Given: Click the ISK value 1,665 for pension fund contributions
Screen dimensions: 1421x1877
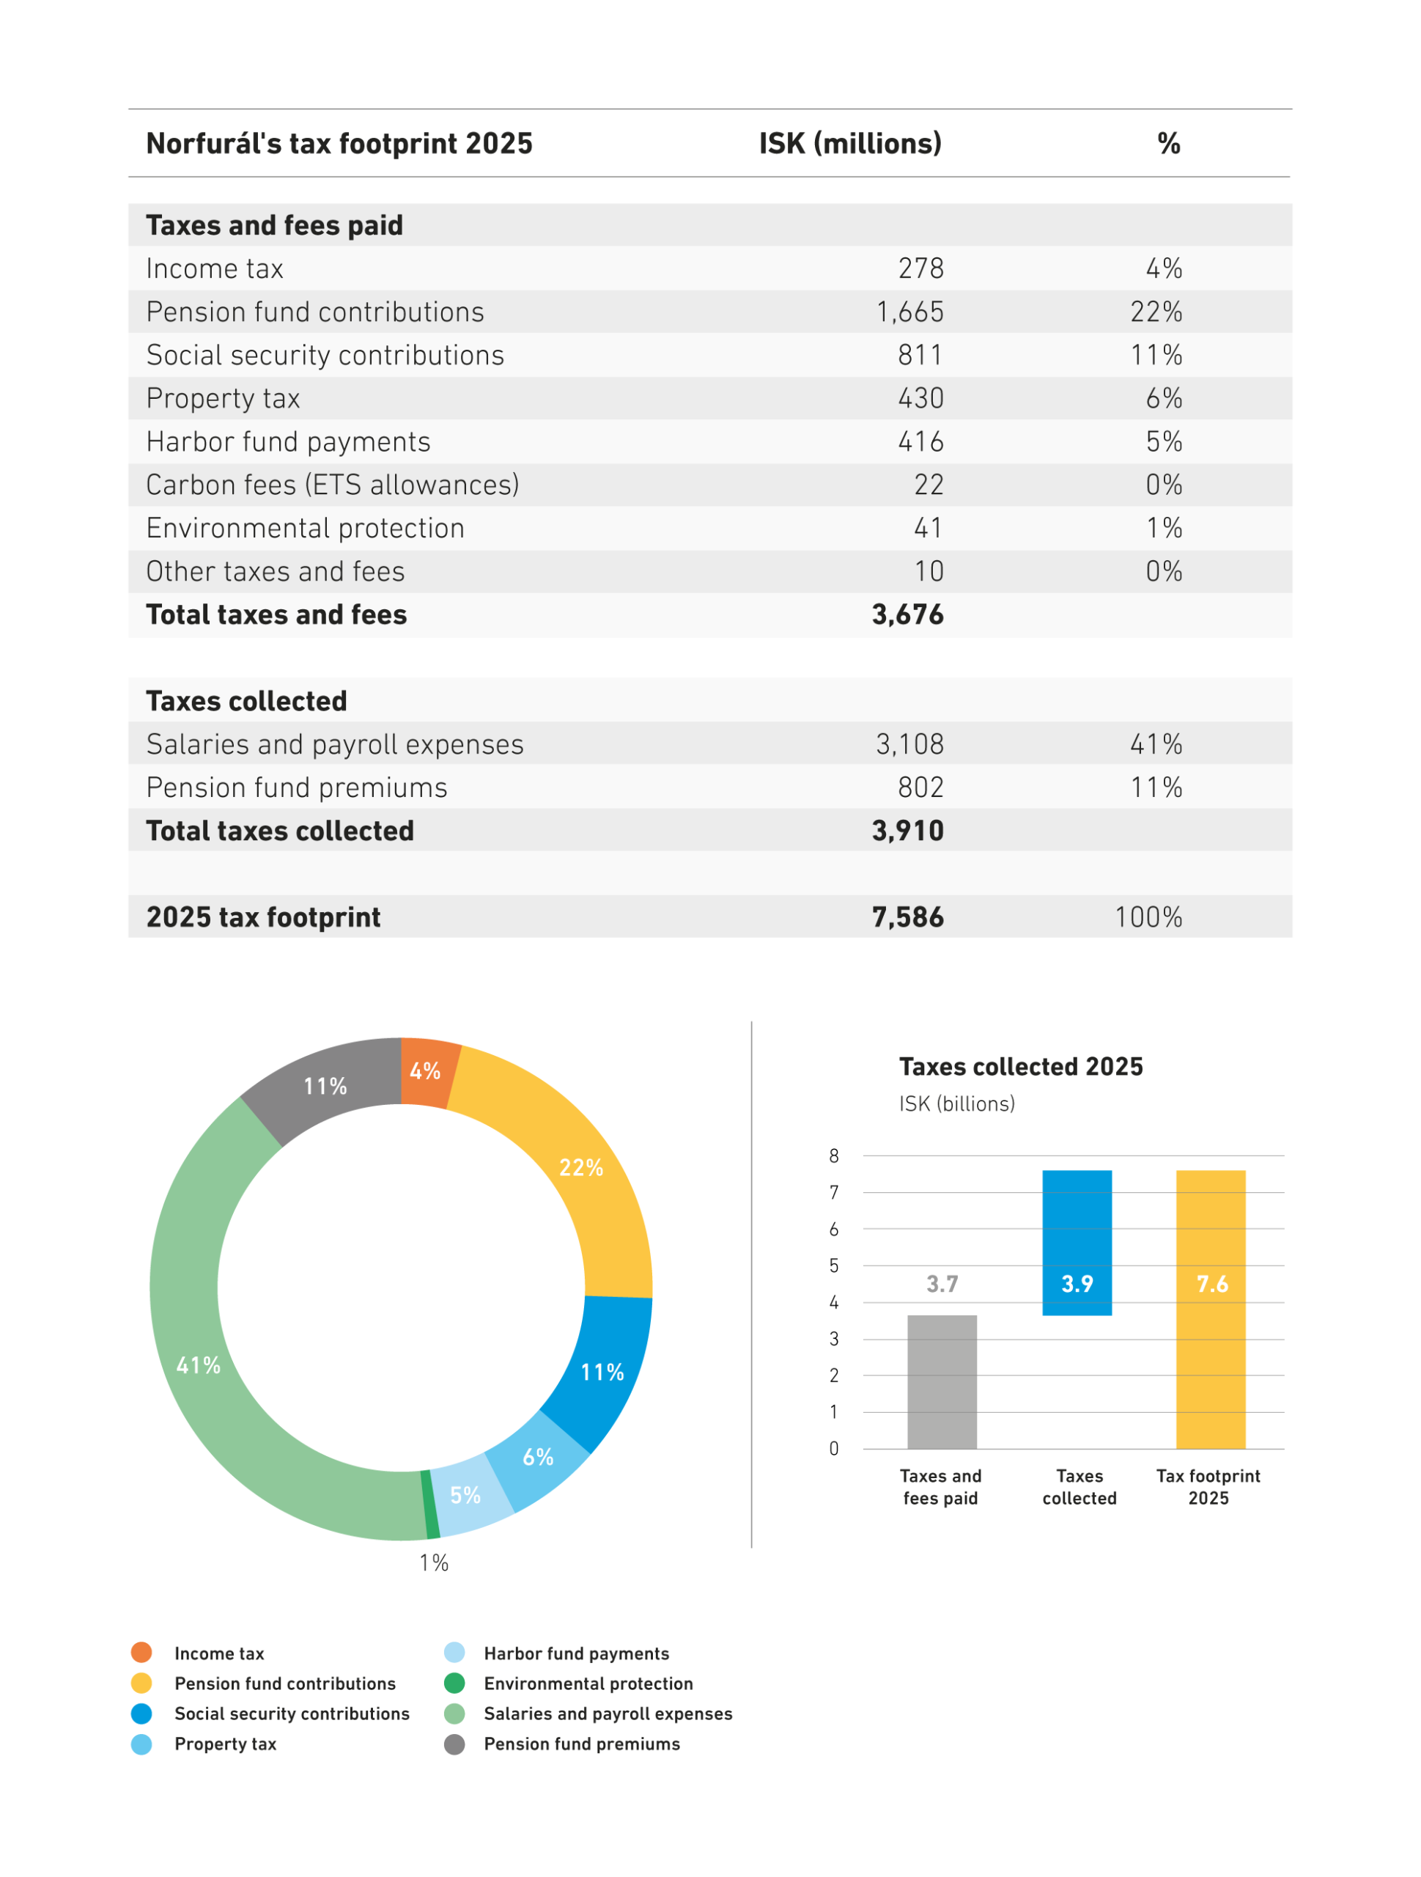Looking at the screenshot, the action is (909, 312).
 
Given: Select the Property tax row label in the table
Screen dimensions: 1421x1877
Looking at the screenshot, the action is (223, 399).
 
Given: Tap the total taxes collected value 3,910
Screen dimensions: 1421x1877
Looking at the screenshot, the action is (908, 831).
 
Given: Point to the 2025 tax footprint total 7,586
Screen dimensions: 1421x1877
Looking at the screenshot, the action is (908, 917).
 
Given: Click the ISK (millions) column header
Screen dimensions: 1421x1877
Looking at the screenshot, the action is (850, 144).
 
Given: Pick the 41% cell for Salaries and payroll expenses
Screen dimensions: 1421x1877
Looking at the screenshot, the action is (1156, 744).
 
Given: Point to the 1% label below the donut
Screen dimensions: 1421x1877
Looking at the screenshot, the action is (434, 1563).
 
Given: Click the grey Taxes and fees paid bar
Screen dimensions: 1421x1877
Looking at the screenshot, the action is (942, 1382).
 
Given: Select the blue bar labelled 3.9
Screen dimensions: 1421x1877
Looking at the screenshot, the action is (1077, 1243).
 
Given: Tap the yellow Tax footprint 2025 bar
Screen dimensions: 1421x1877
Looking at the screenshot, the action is (1211, 1310).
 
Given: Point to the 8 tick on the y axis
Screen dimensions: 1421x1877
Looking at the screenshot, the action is (834, 1156).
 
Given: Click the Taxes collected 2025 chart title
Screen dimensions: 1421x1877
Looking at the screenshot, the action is (1021, 1067).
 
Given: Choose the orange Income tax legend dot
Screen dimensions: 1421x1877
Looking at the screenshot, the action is (141, 1652).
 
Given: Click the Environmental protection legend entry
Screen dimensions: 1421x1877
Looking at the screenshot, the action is (569, 1683).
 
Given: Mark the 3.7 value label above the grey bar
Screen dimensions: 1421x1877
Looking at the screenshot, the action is (942, 1284).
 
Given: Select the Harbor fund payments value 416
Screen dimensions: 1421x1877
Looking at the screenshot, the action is (920, 442).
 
